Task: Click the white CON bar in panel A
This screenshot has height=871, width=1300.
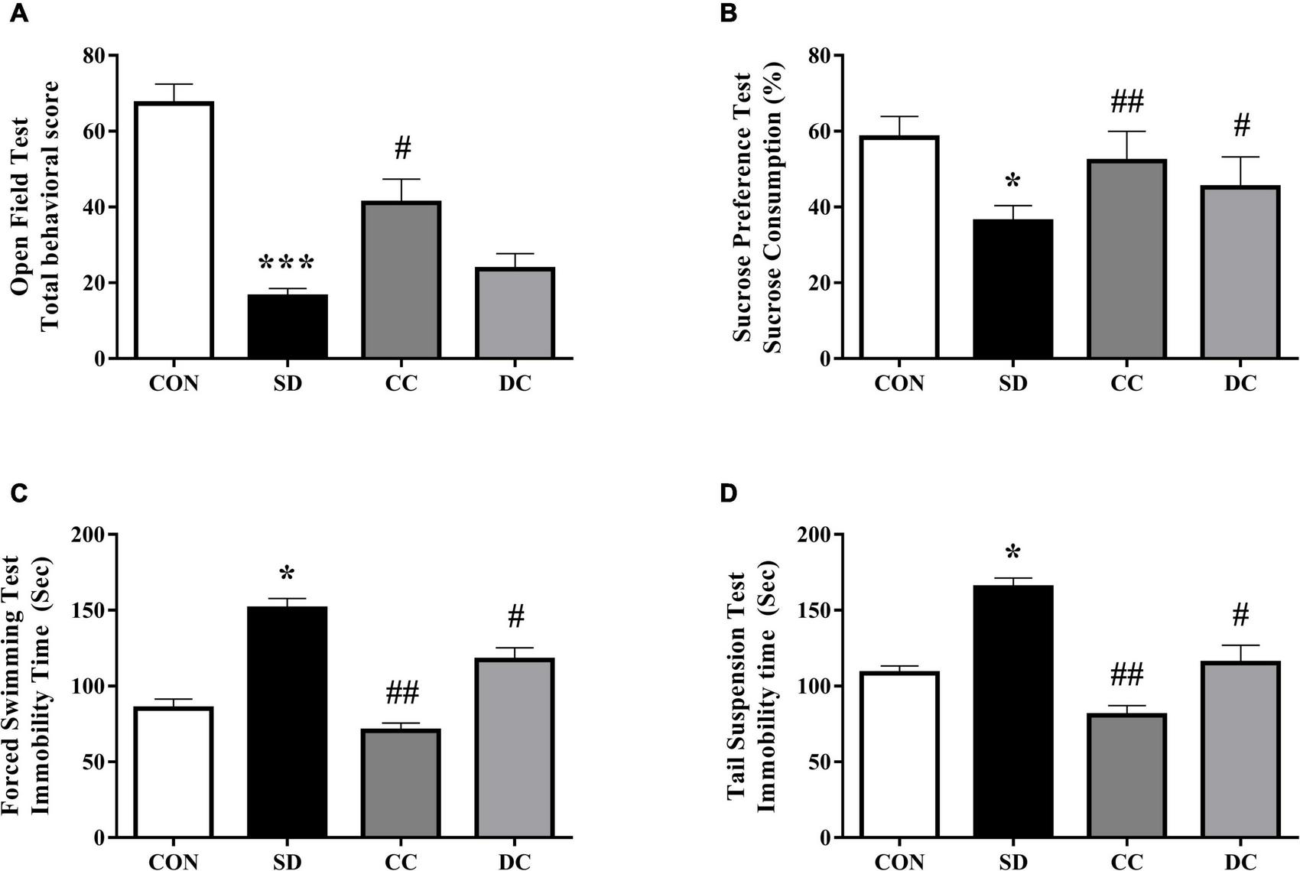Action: pyautogui.click(x=174, y=229)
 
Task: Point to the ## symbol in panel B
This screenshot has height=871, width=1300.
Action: pyautogui.click(x=1126, y=100)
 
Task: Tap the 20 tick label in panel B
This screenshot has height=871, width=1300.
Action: pyautogui.click(x=821, y=283)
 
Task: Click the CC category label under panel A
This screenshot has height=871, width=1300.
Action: pyautogui.click(x=401, y=383)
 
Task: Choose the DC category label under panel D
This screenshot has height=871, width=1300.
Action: pyautogui.click(x=1240, y=862)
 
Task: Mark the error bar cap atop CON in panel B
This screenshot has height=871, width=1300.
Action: pyautogui.click(x=899, y=116)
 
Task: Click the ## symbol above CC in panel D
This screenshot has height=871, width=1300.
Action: pyautogui.click(x=1126, y=675)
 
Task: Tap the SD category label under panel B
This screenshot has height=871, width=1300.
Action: pyautogui.click(x=1013, y=383)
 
